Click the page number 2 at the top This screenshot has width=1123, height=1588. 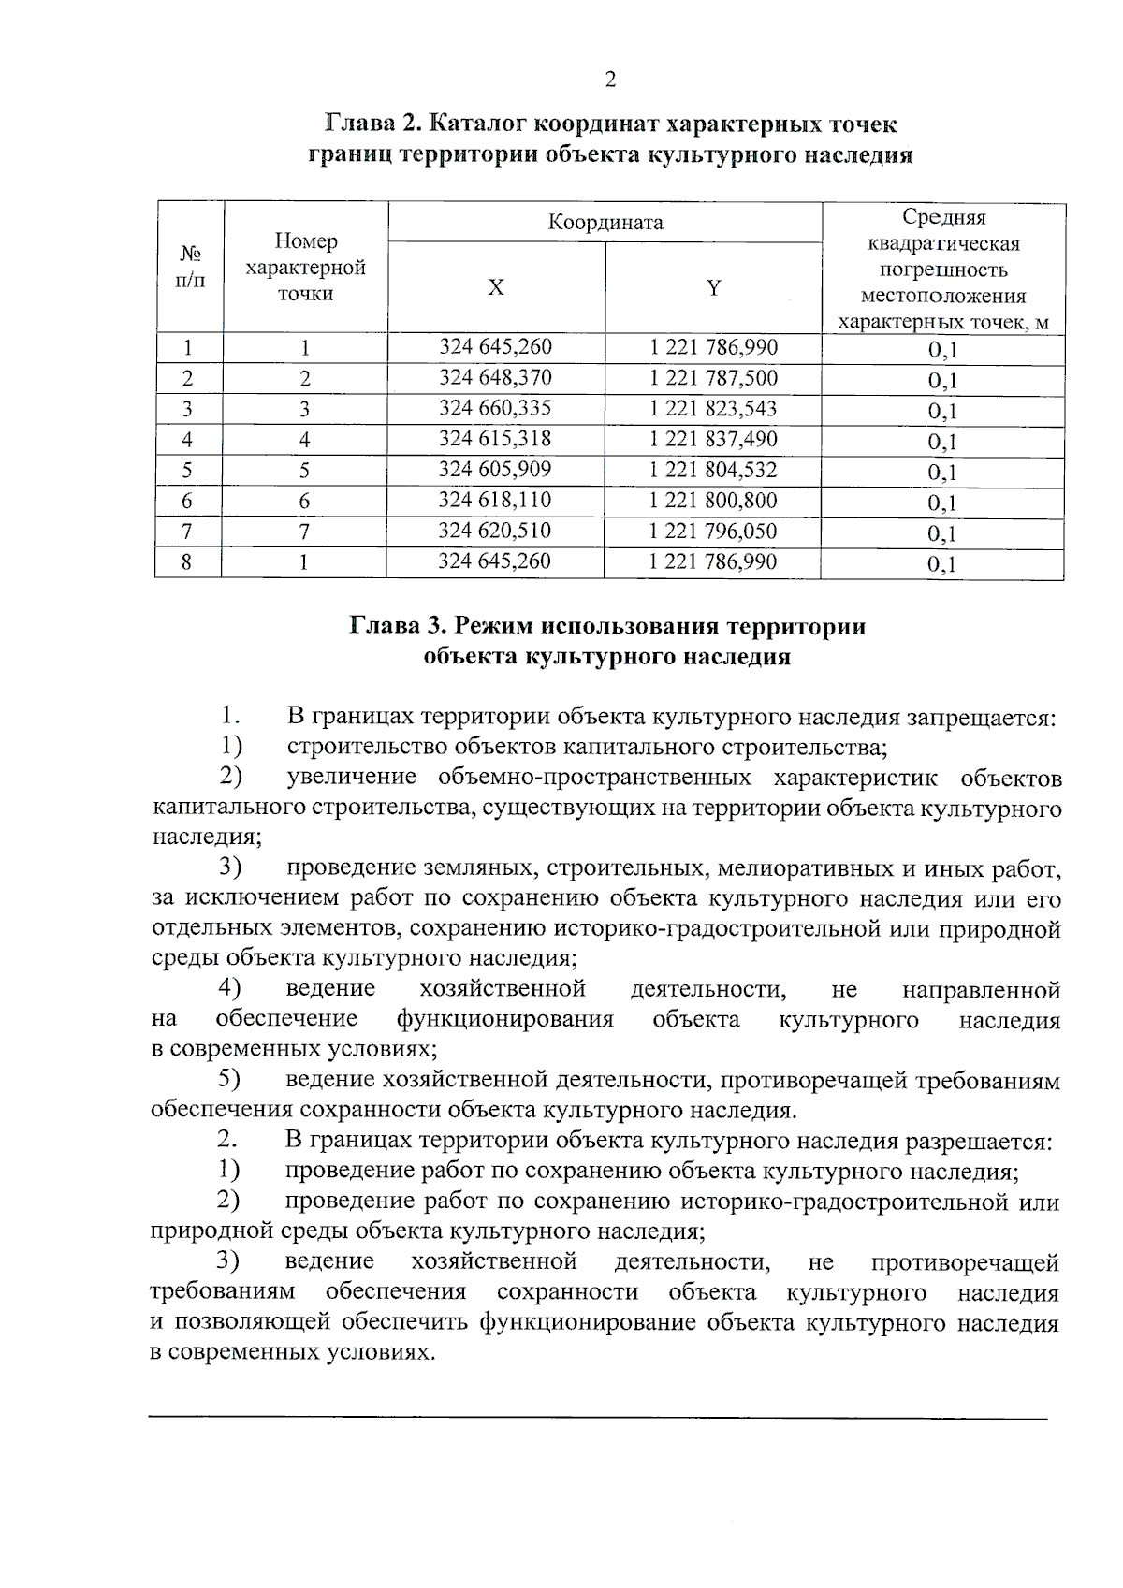610,80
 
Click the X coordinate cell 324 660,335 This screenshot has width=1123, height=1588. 495,409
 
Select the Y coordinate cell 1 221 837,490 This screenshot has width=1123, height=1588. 713,440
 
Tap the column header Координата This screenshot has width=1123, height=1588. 605,223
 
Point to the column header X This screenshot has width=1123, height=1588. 496,288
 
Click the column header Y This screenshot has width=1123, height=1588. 714,288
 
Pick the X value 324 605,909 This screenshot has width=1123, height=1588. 495,470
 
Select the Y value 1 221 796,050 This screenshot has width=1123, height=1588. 713,532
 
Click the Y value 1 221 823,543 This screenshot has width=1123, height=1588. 713,409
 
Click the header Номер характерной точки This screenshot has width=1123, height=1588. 305,268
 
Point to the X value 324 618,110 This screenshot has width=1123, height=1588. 495,501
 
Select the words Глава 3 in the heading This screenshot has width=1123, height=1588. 395,626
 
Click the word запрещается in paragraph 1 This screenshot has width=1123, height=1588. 980,718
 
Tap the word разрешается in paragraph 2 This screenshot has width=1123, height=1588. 978,1143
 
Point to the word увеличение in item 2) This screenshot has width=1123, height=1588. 351,779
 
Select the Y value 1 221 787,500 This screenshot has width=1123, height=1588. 713,378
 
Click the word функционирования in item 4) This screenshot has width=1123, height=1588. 504,1020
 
